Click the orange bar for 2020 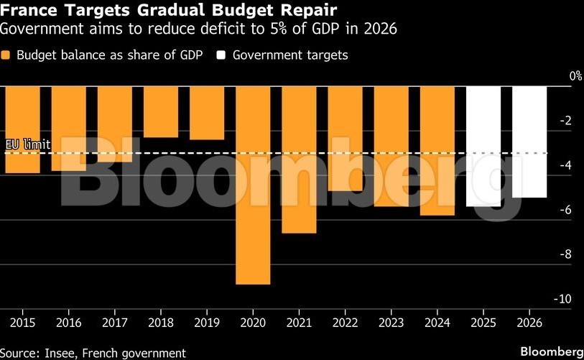click(253, 185)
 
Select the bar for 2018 click(161, 111)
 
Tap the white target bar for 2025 click(483, 147)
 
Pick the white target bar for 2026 click(529, 142)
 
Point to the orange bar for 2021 click(299, 160)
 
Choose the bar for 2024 click(437, 151)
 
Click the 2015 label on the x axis click(22, 323)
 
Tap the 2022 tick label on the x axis click(345, 323)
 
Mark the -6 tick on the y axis click(565, 210)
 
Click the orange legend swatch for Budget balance click(6, 55)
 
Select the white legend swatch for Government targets click(223, 55)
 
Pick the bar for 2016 click(69, 128)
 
